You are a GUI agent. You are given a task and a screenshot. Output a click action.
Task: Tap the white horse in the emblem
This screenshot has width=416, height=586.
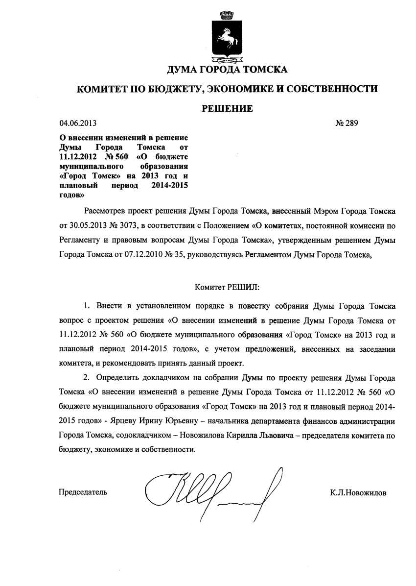click(x=227, y=38)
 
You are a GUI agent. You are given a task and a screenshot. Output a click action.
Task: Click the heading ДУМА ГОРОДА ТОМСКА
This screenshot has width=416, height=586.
click(x=227, y=70)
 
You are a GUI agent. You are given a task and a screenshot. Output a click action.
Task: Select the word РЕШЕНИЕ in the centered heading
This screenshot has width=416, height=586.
click(x=228, y=108)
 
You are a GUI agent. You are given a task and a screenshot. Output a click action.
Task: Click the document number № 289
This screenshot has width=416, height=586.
click(x=347, y=123)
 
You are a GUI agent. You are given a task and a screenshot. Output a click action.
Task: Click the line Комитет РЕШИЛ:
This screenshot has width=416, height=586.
click(x=227, y=286)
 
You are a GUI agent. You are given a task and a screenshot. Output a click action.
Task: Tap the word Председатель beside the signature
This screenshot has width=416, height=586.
click(x=83, y=492)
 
